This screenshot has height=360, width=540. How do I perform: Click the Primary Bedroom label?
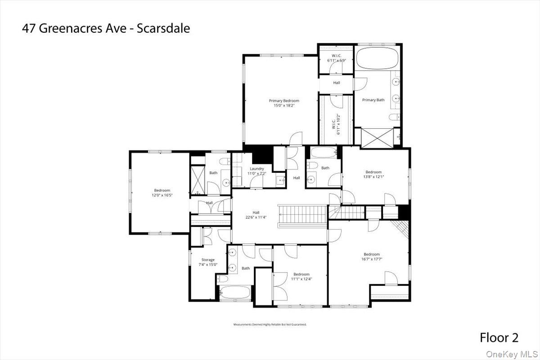[284, 101]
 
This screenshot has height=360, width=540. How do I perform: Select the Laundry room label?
[256, 169]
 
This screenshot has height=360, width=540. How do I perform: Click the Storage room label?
[208, 260]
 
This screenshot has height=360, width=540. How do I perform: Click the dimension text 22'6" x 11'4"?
[256, 218]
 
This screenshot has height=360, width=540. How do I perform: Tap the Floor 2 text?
[499, 337]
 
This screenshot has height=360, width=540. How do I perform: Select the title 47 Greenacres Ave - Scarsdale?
[106, 28]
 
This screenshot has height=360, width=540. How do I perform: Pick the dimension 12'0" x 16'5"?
[162, 195]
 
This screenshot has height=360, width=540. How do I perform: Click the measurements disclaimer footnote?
[270, 324]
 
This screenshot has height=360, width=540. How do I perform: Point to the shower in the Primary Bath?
[377, 137]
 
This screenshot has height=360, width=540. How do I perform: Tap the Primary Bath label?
[373, 100]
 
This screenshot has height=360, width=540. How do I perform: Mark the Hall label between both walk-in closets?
[336, 83]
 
